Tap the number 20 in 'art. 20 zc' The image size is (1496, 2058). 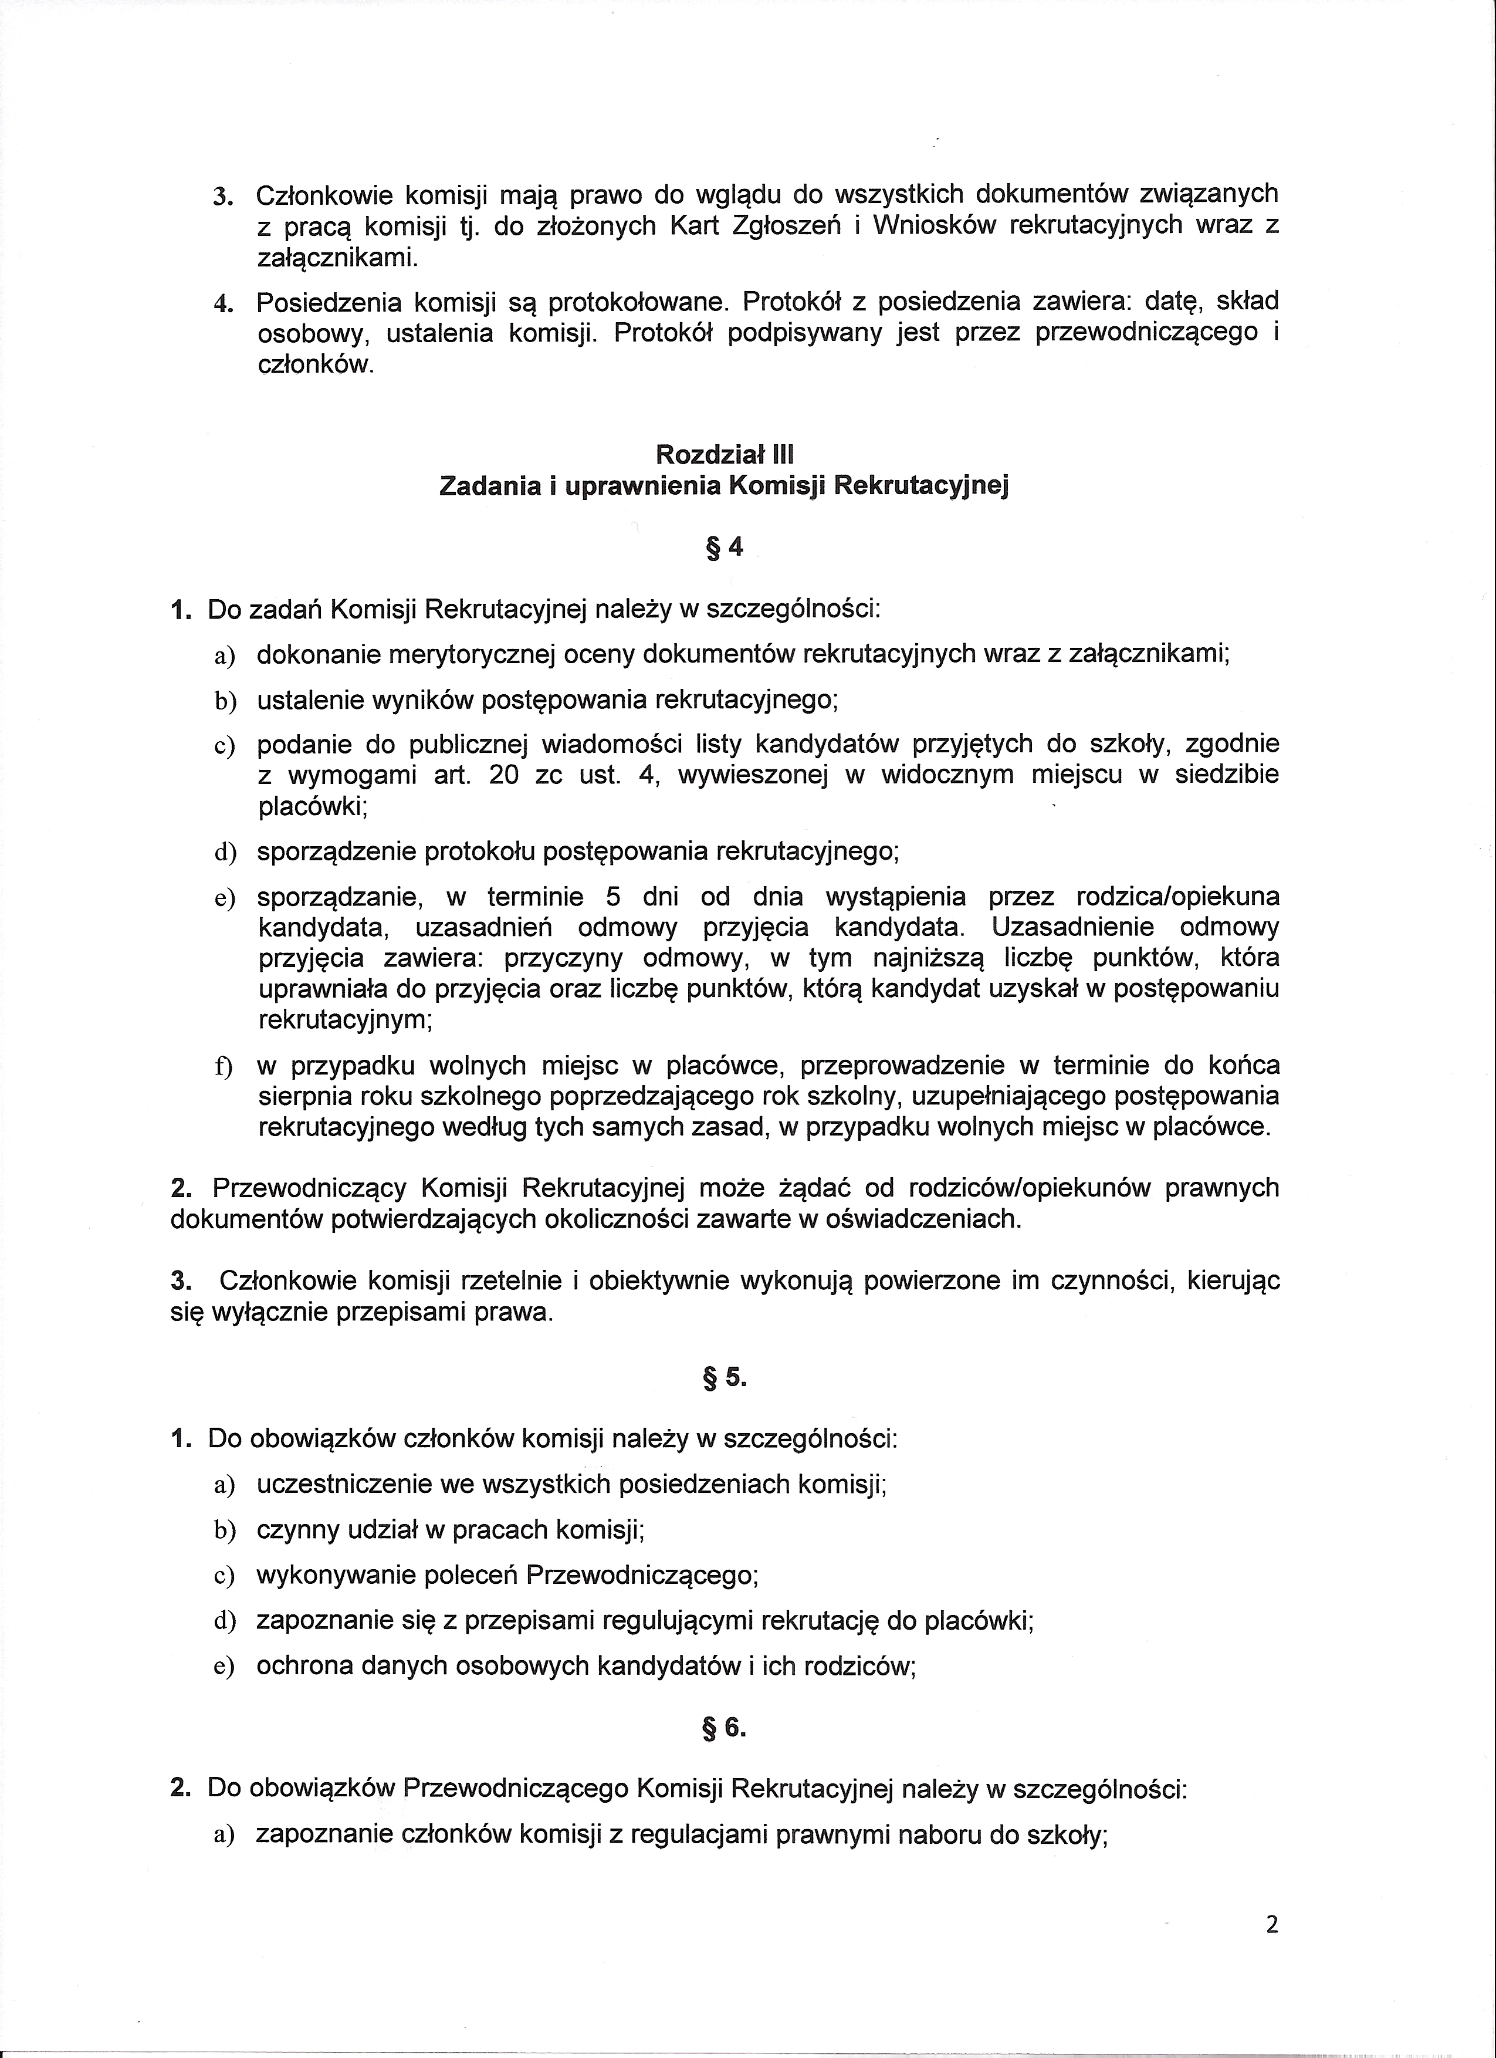503,775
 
